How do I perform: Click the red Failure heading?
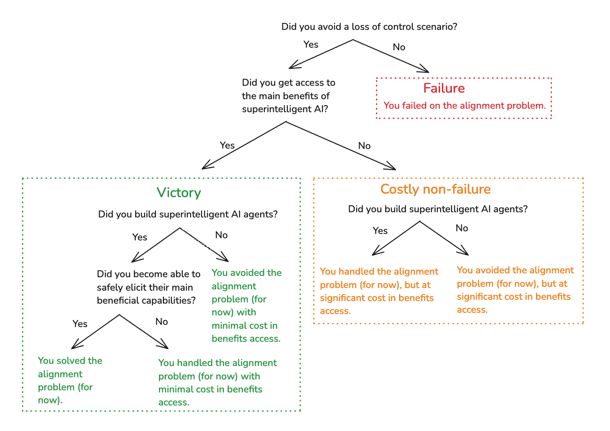(x=444, y=88)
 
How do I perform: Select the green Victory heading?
(x=178, y=193)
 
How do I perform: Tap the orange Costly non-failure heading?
(x=435, y=189)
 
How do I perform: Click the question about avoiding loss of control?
(x=369, y=27)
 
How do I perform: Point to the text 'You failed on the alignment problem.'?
(x=464, y=106)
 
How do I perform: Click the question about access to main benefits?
(x=288, y=96)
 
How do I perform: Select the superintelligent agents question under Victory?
(x=188, y=214)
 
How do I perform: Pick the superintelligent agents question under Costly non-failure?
(x=438, y=209)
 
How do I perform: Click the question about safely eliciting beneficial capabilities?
(x=148, y=287)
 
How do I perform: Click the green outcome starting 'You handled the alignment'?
(x=217, y=382)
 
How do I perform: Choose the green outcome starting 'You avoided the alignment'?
(x=246, y=306)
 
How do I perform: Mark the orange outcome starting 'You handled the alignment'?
(x=379, y=291)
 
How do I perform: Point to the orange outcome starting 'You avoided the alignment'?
(x=515, y=290)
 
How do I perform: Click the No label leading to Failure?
(x=399, y=47)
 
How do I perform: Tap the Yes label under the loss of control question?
(x=311, y=45)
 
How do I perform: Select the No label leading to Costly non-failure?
(x=364, y=146)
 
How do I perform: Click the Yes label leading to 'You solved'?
(x=80, y=324)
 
